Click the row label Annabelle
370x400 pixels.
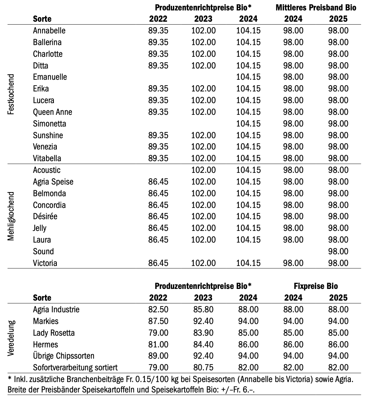click(x=49, y=30)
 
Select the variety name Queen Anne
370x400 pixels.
click(x=53, y=112)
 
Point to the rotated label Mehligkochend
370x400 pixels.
click(x=11, y=216)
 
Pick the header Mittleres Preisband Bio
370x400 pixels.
click(x=315, y=8)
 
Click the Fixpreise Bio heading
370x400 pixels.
click(x=316, y=286)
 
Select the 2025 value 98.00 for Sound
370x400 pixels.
click(x=338, y=251)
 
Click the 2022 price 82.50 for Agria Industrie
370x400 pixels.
click(x=158, y=309)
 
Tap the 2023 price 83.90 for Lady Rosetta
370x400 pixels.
click(x=203, y=333)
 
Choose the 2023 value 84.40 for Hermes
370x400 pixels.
click(x=203, y=344)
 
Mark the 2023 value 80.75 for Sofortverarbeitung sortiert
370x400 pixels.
click(x=203, y=367)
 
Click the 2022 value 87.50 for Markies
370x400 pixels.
click(x=158, y=321)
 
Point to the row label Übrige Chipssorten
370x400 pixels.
click(x=64, y=356)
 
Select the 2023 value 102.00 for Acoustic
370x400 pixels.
click(x=203, y=170)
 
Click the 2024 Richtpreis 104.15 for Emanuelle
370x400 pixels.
click(x=248, y=77)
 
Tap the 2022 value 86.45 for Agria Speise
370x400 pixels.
click(x=158, y=182)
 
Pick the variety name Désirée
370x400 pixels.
click(x=46, y=216)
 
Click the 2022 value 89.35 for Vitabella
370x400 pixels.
click(x=158, y=158)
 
